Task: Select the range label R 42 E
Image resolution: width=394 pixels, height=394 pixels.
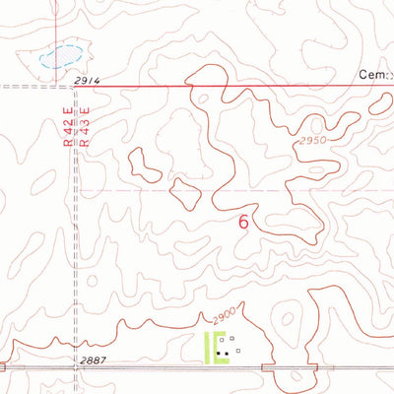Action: coord(67,129)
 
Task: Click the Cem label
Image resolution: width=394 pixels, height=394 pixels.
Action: coord(373,75)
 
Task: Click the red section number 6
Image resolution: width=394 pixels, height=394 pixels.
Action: coord(243,223)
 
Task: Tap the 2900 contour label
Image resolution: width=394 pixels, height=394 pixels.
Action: coord(226,317)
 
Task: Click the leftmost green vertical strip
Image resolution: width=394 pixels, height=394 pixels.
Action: coord(206,348)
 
